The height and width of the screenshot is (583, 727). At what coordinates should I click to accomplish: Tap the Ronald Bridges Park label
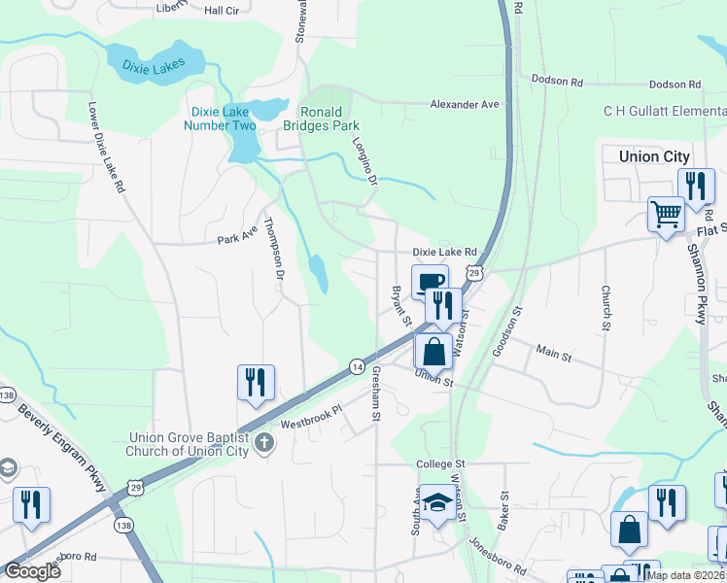(x=322, y=119)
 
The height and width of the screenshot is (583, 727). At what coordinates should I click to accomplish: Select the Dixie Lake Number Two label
(x=222, y=119)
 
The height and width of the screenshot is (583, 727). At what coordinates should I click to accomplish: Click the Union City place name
(x=654, y=156)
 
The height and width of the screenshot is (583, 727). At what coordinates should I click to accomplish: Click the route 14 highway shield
(x=358, y=366)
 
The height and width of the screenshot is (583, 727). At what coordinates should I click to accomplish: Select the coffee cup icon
(x=430, y=282)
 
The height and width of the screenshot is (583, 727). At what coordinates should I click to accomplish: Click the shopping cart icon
(x=667, y=215)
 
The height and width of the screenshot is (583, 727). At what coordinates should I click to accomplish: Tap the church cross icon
(x=263, y=445)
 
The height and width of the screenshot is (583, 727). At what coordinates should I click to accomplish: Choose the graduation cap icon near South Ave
(x=437, y=502)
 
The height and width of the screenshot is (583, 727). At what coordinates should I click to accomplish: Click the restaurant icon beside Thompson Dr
(x=257, y=381)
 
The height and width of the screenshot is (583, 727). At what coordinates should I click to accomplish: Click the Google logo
(x=32, y=571)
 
